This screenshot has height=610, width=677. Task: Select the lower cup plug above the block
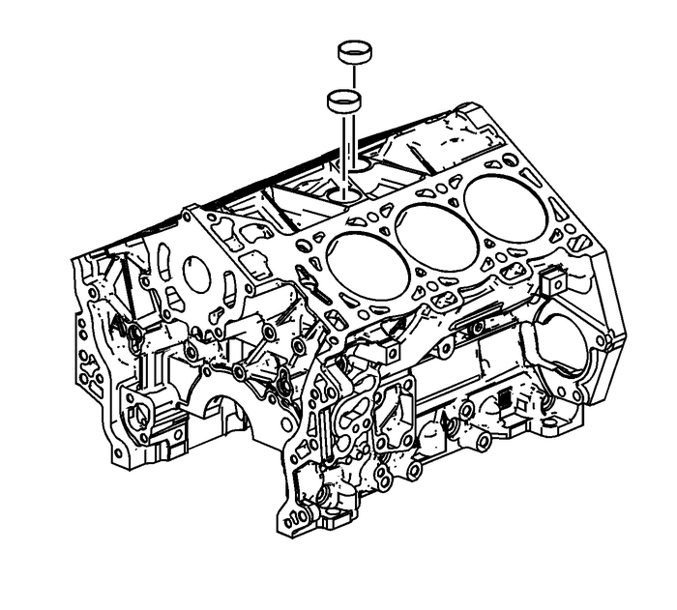click(345, 100)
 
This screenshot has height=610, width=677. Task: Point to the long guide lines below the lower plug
click(346, 145)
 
